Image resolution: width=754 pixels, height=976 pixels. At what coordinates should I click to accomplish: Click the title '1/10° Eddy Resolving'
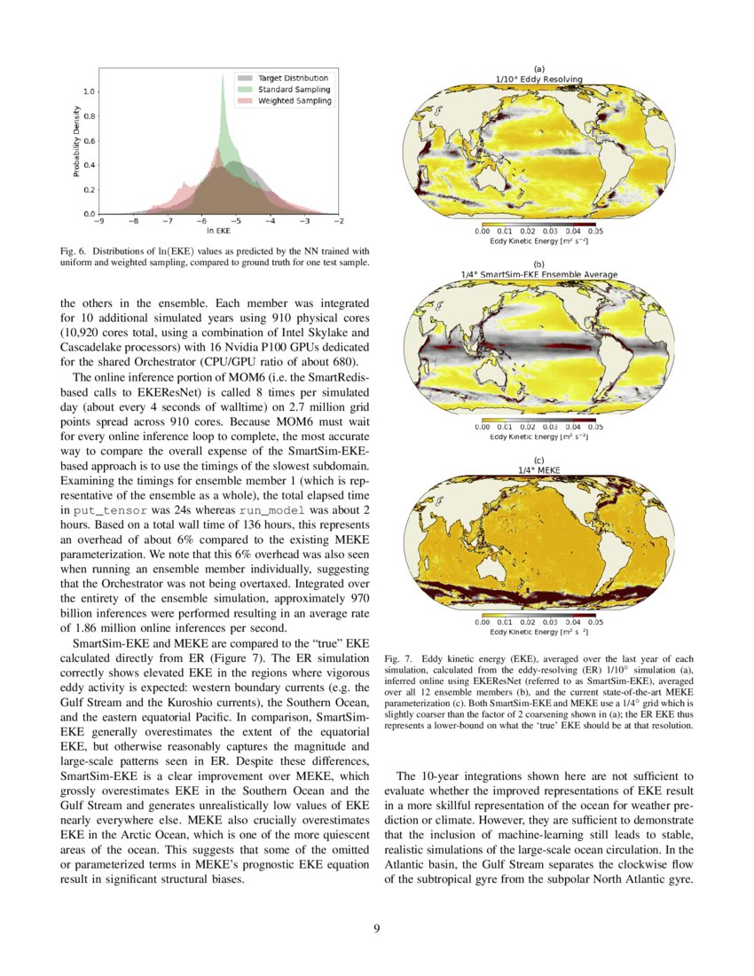[x=538, y=79]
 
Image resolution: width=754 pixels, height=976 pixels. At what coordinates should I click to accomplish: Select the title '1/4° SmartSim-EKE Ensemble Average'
[x=538, y=274]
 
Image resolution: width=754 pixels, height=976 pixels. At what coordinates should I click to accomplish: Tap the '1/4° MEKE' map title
[x=538, y=469]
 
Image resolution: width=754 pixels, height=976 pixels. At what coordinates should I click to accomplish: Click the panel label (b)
[x=538, y=264]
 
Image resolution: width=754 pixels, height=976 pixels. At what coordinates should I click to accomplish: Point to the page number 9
[x=377, y=929]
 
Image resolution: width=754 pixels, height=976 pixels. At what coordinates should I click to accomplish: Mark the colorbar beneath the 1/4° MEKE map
[x=538, y=616]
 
